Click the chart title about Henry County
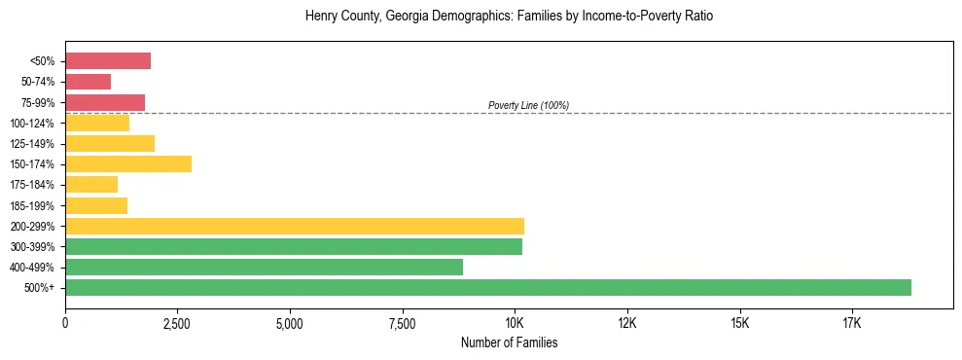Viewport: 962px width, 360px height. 509,17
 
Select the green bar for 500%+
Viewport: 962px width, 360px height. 487,287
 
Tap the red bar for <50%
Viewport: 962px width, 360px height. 108,61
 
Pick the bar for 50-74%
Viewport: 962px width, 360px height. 88,82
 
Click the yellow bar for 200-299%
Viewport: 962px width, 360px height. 294,226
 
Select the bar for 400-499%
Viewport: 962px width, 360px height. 264,267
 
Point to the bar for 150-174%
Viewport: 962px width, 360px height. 128,163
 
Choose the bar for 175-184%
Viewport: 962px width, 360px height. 91,184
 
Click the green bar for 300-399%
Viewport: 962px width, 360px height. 293,246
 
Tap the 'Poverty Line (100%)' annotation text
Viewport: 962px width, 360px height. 528,105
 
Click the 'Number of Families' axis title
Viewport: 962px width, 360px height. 509,343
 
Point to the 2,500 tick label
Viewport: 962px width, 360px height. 177,323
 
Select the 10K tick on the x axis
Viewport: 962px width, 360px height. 514,323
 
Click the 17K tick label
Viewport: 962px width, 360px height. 851,323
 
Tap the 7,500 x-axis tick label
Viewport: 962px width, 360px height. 402,323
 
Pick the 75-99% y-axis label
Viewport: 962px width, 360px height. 38,102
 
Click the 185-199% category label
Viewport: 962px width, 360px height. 35,205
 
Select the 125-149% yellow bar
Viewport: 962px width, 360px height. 110,143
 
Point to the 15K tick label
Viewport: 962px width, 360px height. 738,323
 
